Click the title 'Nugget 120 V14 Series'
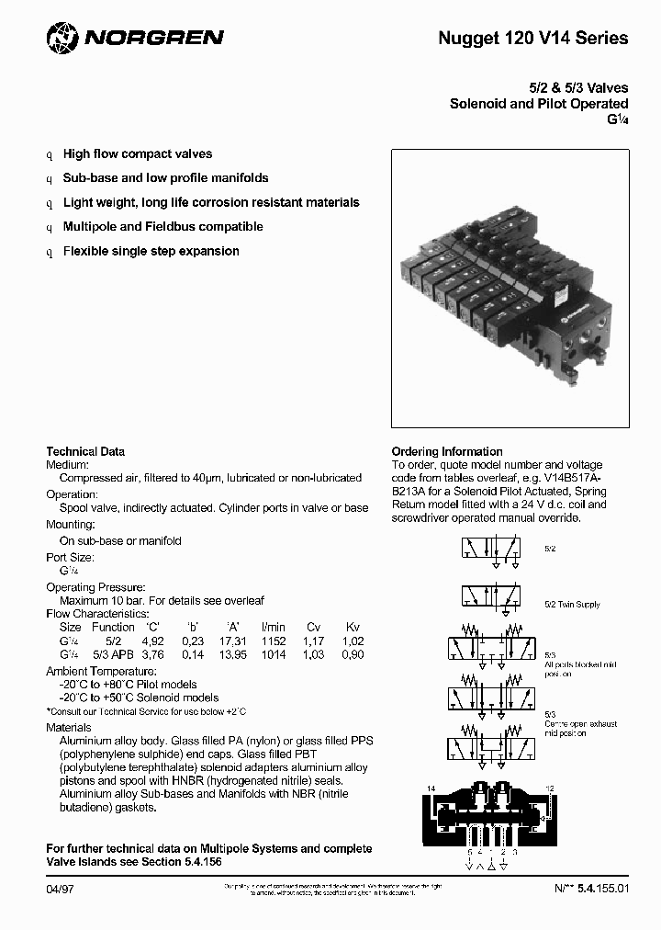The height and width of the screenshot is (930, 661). [x=532, y=39]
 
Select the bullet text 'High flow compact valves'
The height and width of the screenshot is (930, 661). [x=137, y=153]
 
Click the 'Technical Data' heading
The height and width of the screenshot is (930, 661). [x=85, y=451]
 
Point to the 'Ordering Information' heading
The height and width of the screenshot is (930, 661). [x=447, y=451]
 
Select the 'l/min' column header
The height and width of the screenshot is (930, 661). [x=274, y=627]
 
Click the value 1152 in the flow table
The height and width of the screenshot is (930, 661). [x=274, y=641]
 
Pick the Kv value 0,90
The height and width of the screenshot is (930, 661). [x=352, y=654]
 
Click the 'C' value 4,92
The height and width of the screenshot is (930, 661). [x=151, y=641]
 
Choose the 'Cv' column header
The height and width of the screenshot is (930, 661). [x=314, y=627]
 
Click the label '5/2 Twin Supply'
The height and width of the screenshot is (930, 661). [x=572, y=604]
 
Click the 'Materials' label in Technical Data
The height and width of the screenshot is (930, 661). [x=69, y=727]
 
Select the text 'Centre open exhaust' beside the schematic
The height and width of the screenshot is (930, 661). [x=580, y=724]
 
